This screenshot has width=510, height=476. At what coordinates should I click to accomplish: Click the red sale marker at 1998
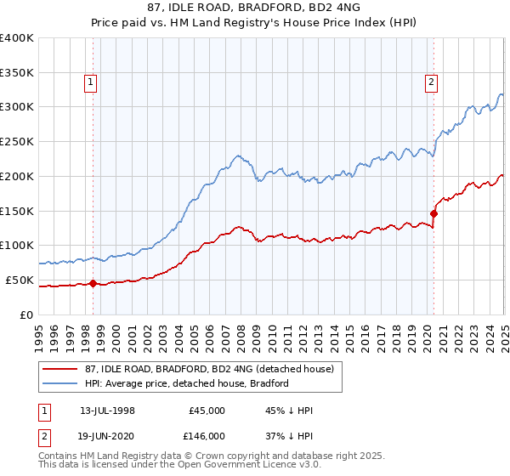[93, 283]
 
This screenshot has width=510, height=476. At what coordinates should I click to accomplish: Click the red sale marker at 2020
[433, 213]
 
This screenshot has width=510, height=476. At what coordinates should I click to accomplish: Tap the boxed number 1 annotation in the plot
[91, 82]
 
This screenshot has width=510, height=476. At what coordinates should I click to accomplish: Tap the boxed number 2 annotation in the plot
[432, 82]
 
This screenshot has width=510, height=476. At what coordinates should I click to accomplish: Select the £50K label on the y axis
[20, 280]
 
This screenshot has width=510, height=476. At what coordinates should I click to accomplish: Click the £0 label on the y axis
[26, 314]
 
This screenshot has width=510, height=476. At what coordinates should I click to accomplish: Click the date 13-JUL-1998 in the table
[107, 411]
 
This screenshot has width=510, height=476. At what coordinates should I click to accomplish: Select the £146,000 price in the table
[207, 436]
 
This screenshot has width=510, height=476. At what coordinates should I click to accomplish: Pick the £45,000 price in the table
[207, 411]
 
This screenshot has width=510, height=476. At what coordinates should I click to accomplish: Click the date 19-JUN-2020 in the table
[108, 436]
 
